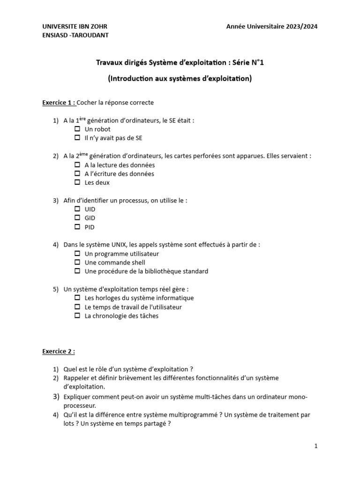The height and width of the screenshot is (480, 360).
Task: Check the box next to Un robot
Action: coord(78,129)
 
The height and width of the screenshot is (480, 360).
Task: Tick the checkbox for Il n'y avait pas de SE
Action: coord(78,138)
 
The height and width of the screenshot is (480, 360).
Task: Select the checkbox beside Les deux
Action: coord(78,182)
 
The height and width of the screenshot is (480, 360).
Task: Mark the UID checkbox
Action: coord(78,209)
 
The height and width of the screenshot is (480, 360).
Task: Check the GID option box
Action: coord(78,218)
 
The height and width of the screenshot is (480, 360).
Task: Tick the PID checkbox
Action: coord(78,227)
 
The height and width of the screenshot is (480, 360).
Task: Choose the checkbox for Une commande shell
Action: coord(78,262)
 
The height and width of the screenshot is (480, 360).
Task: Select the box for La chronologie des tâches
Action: coord(78,316)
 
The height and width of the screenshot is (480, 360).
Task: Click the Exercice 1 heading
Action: coord(58,102)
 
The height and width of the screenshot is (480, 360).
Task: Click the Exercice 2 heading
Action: coord(58,351)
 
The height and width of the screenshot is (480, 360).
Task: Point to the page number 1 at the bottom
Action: coord(316,446)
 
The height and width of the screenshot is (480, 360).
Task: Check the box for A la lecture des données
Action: coord(78,165)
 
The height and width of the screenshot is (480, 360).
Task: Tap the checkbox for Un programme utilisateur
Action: coord(78,254)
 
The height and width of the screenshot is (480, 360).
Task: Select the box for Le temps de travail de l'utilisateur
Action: coord(78,307)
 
